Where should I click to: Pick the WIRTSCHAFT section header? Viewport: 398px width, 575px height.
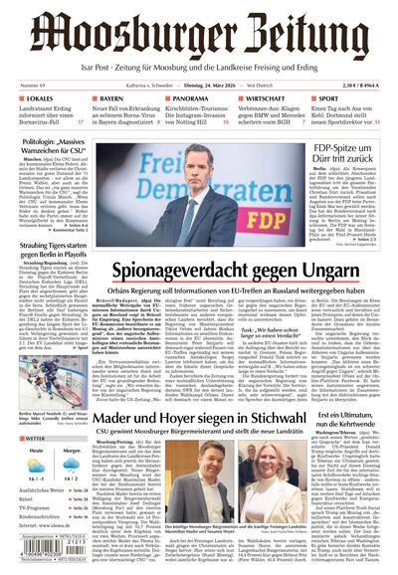(271, 100)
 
